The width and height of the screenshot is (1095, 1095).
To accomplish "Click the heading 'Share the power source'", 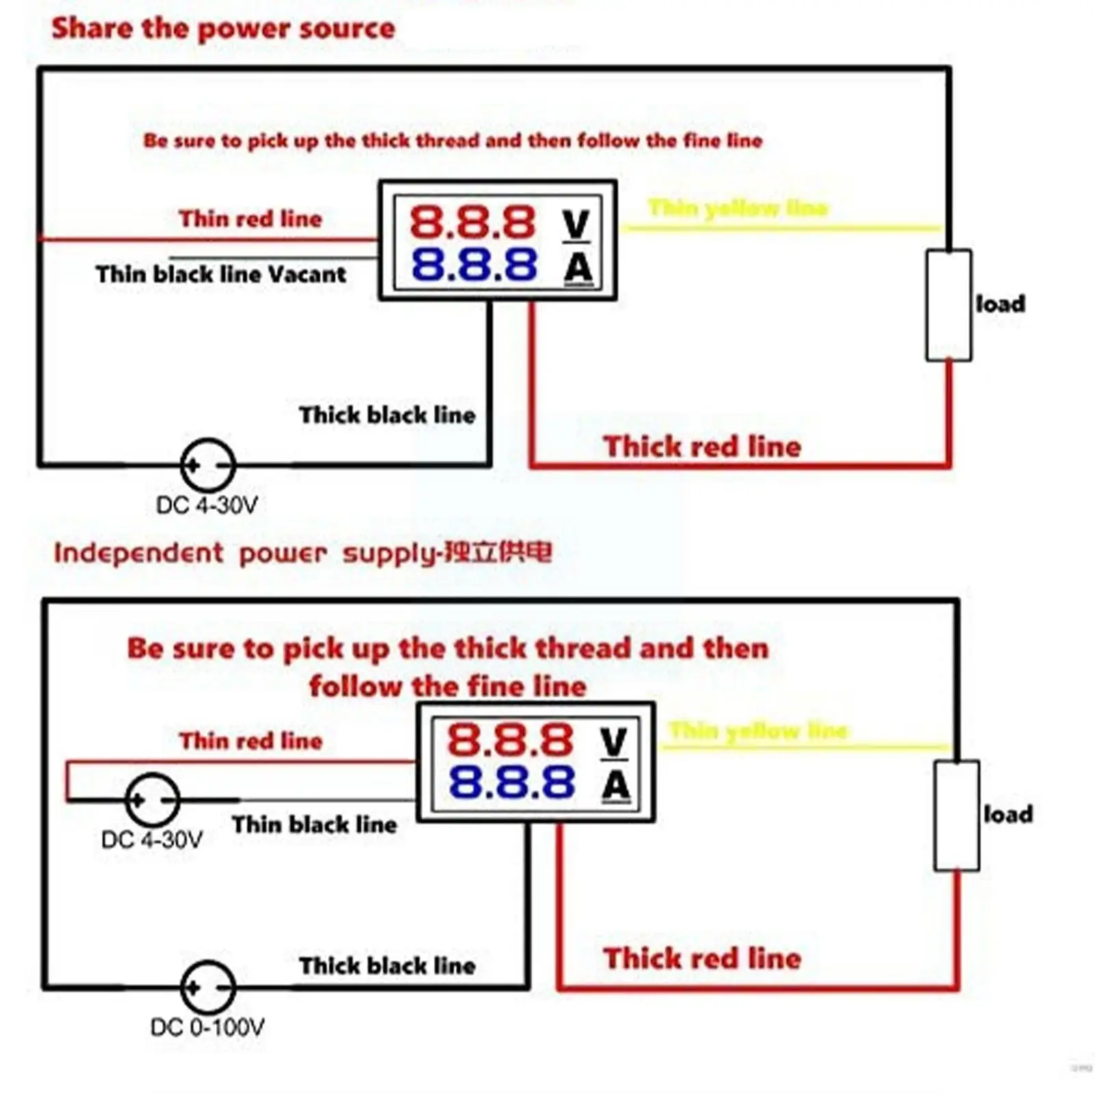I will [x=223, y=29].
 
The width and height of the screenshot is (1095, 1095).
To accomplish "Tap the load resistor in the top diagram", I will [x=949, y=305].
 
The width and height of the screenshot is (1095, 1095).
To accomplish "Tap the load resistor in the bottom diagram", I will [x=957, y=816].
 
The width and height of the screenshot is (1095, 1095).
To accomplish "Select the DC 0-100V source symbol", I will [x=208, y=988].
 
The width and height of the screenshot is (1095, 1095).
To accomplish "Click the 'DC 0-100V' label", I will [x=207, y=1027].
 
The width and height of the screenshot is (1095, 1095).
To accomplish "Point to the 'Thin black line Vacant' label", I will [x=220, y=274].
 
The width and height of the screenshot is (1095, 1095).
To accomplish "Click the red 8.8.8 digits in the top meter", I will [x=472, y=222].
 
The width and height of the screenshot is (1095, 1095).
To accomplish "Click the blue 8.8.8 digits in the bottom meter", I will [x=511, y=782].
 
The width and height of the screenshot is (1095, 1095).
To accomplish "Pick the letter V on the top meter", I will [x=576, y=224].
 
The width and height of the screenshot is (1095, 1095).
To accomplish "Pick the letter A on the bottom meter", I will [x=616, y=785].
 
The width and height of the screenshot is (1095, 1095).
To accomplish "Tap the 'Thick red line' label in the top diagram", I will [x=702, y=447].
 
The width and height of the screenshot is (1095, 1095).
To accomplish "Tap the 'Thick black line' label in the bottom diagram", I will [x=387, y=966].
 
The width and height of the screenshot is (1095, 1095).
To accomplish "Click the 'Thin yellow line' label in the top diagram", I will [x=738, y=207].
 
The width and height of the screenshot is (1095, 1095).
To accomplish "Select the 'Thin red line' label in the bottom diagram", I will [x=250, y=740].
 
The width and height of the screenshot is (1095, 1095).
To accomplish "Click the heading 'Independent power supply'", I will [x=302, y=553].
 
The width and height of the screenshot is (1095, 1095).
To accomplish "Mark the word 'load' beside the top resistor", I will [x=1001, y=304].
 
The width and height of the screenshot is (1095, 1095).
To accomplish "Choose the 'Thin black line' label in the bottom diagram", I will [x=314, y=825].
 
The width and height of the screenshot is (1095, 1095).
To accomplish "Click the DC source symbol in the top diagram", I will [x=208, y=465].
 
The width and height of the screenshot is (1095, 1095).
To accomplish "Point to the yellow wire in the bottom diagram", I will [x=808, y=747].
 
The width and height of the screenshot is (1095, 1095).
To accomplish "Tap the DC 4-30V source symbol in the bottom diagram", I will [x=153, y=799].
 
